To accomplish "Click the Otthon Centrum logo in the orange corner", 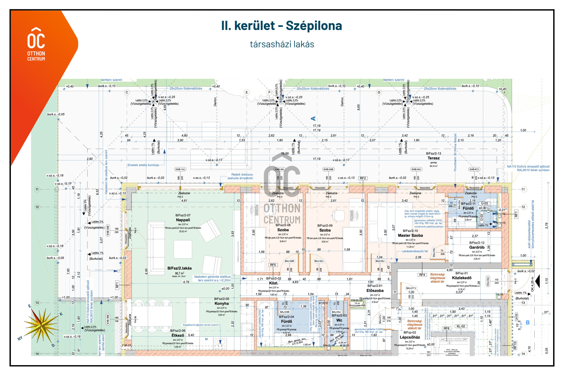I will pos(36,44).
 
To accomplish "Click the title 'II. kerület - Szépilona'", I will pos(281,26).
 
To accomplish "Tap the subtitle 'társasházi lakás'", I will pos(282,44).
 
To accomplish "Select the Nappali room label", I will pos(183,220).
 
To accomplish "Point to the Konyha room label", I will pos(221,304).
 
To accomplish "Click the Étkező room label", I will pos(178,335).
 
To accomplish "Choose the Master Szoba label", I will pos(410,235).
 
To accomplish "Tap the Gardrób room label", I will pos(476,247).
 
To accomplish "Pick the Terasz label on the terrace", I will pos(433,158).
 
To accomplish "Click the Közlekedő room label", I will pos(461,278).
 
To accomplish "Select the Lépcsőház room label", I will pos(409,337).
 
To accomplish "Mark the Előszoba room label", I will pos(375,291).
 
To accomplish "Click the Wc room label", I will pos(339,320).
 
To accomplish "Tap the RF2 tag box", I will pos(363,178).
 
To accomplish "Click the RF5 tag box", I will pos(273,265).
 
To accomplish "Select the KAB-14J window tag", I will pos(180,169).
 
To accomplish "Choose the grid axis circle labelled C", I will pos(127,92).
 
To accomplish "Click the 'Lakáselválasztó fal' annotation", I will pos(414,251).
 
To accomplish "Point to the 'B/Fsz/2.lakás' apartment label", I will pos(179,268).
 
